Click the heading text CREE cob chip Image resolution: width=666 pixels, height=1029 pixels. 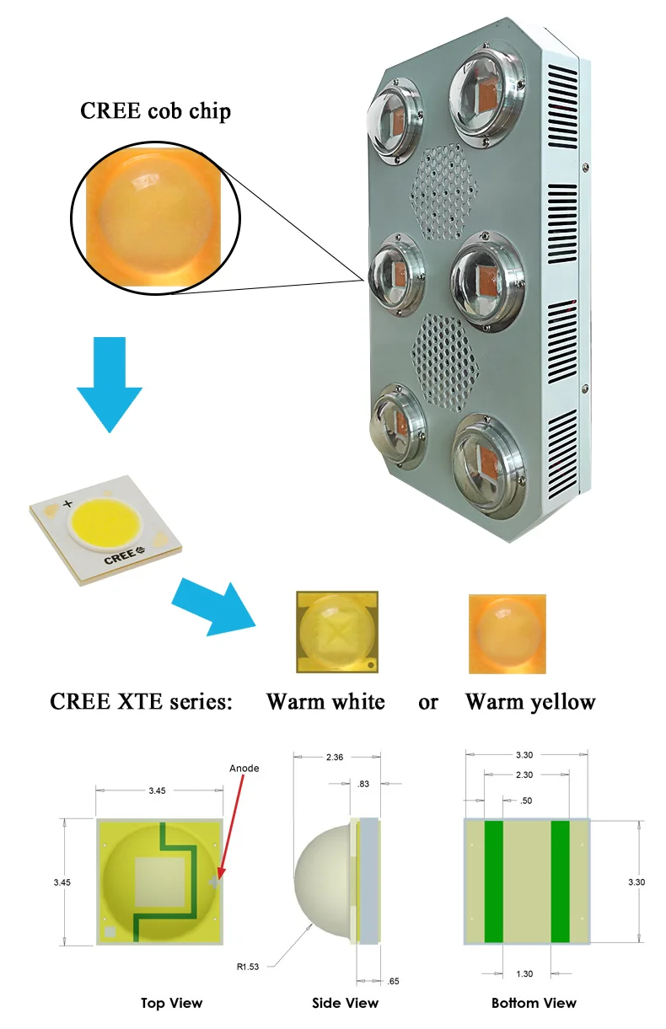[x=155, y=110]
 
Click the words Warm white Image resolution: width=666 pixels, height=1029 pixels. [x=325, y=701]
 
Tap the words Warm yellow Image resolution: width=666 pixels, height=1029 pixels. [x=530, y=701]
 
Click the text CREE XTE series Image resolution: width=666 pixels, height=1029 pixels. [x=141, y=701]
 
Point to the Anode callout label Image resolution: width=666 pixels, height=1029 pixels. [x=244, y=768]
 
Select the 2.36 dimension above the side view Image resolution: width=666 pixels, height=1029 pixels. [x=334, y=758]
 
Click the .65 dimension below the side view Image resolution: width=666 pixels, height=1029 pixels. [x=393, y=982]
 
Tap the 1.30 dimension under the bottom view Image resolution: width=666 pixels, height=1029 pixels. [x=524, y=973]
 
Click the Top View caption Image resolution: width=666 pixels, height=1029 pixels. [x=171, y=1003]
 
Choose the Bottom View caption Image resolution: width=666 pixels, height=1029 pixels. [x=534, y=1003]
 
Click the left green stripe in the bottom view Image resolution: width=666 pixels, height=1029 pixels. [x=493, y=881]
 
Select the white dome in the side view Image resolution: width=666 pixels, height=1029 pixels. [x=325, y=881]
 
